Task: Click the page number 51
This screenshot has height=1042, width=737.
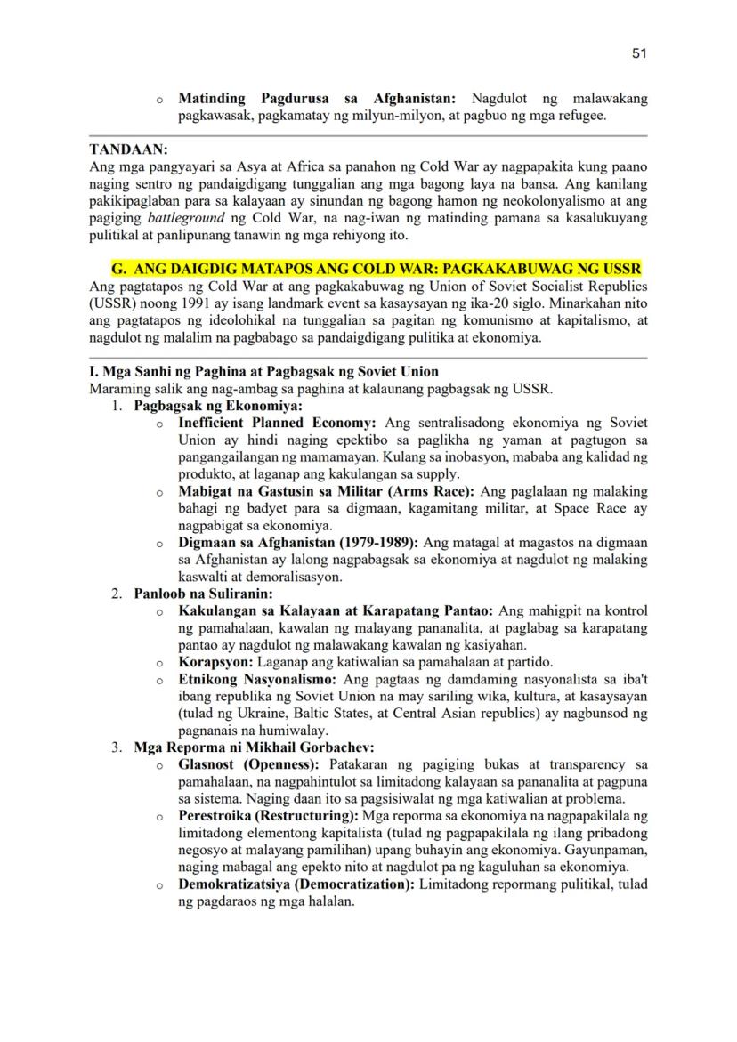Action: tap(639, 53)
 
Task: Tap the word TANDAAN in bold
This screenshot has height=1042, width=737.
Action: tap(129, 150)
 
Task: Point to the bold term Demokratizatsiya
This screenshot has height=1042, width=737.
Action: tap(239, 884)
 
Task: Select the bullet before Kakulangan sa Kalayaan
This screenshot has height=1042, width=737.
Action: tap(159, 612)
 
